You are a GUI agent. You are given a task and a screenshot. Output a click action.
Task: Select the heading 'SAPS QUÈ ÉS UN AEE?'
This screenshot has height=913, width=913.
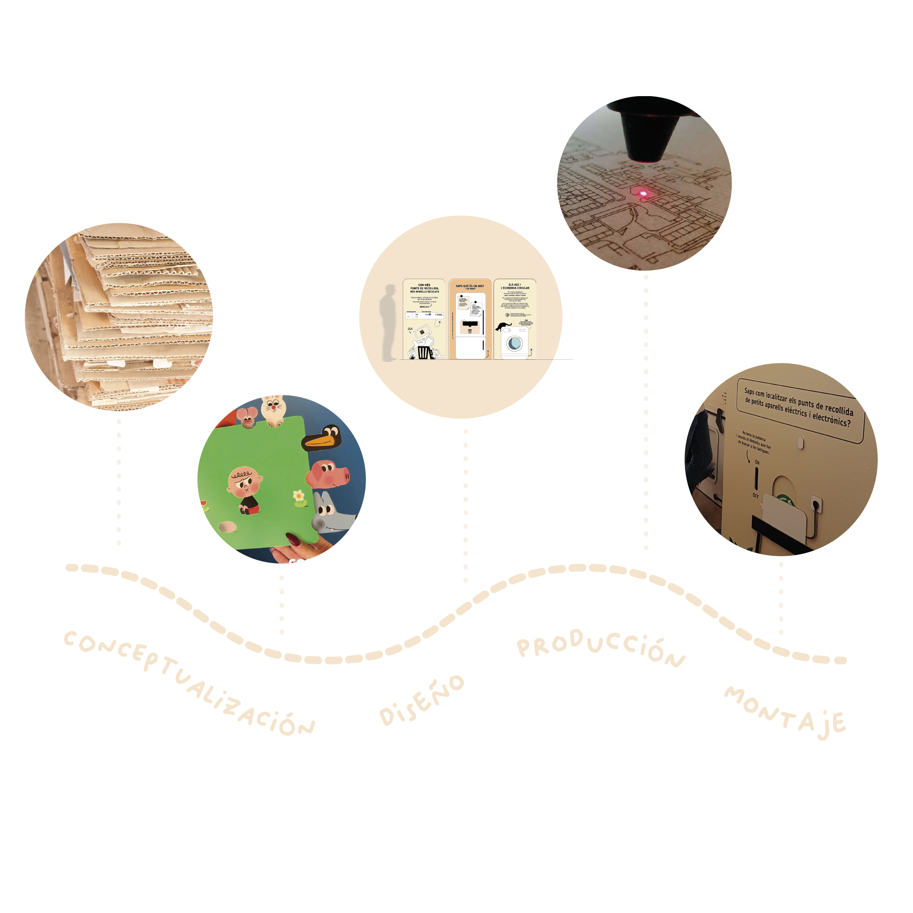coord(469,286)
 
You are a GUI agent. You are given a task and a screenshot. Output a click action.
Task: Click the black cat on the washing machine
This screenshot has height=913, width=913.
coord(503,326)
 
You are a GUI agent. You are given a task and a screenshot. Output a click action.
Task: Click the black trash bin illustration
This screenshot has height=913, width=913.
coord(424,352)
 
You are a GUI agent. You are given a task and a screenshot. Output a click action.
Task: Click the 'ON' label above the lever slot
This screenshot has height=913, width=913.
coord(757,462)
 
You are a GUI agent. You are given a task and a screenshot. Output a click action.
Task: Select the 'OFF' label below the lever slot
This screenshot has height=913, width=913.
coord(756,496)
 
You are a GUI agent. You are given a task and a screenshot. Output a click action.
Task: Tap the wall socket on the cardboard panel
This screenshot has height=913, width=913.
coord(816,503)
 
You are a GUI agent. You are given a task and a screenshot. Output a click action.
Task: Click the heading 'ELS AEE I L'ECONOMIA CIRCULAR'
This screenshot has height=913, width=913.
coord(515,286)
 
